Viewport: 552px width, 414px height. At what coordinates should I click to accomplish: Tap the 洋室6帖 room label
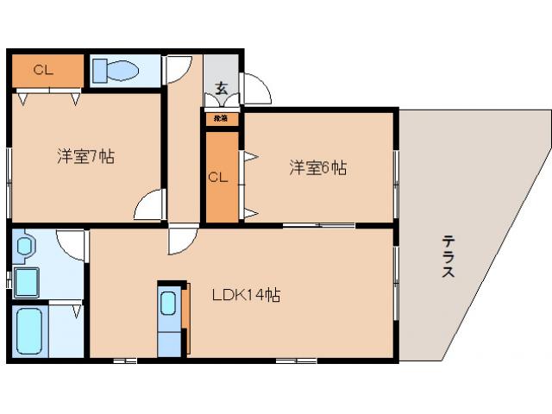pos(317,169)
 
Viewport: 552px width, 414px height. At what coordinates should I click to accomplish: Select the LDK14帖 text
pos(246,295)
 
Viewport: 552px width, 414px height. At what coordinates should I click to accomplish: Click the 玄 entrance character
pos(222,87)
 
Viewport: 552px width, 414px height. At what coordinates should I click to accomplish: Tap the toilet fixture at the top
pos(116,70)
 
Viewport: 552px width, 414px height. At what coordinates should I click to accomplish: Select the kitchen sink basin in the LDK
pos(169,304)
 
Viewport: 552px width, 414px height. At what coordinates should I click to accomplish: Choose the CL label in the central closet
pos(218,178)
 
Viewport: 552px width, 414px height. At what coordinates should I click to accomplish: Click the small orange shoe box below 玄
pos(222,118)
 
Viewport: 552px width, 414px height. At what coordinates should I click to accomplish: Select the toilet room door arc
pos(179,70)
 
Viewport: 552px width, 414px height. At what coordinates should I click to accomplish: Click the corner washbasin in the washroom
pos(23,246)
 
